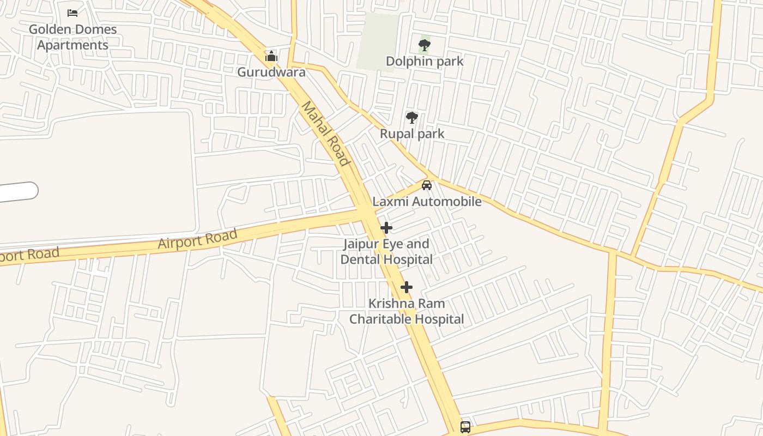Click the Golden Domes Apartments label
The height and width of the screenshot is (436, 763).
coord(72,37)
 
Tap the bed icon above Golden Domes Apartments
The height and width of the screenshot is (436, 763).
coord(72,13)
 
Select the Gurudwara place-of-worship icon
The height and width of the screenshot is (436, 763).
coord(271,56)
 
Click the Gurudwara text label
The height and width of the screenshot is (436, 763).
coord(271,72)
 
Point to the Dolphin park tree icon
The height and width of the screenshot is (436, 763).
coord(425,45)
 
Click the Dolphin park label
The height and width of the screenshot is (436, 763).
coord(425,61)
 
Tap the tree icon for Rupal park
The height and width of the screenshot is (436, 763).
coord(412,118)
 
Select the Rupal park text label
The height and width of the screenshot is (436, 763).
coord(412,134)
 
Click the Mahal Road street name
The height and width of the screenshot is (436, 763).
coord(325,134)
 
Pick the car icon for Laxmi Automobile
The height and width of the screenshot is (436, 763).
coord(427,185)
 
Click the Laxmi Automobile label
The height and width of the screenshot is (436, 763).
coord(427,202)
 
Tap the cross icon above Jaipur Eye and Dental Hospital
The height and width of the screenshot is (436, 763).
coord(386,228)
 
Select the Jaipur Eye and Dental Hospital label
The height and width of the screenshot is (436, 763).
coord(386,251)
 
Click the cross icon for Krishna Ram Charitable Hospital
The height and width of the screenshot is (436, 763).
coord(406,287)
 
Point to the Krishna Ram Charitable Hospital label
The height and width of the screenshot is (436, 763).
coord(407,311)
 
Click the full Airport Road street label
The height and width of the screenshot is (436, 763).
coord(198,239)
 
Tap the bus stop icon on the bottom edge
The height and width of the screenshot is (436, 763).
coord(465,427)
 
